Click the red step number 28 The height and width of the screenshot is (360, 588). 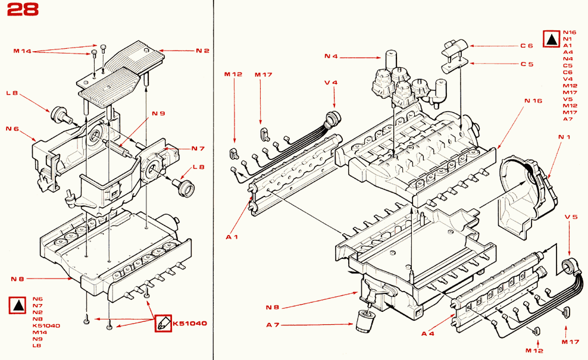point(23,10)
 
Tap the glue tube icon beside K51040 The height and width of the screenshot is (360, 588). point(163,323)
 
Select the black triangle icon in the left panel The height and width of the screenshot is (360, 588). point(18,306)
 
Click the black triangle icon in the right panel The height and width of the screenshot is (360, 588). point(551,39)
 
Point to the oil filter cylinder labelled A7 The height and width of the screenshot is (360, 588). point(364,320)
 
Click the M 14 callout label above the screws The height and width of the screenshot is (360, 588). point(22,51)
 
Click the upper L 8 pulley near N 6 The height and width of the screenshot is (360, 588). point(60,114)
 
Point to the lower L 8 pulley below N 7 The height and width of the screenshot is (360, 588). point(184,187)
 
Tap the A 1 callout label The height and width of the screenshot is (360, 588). point(232,237)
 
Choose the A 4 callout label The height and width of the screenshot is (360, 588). point(427,333)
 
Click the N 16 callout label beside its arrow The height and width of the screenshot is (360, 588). point(533,101)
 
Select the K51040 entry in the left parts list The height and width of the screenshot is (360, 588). point(46,325)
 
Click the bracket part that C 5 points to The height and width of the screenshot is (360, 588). point(454,67)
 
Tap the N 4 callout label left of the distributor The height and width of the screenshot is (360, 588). point(331,57)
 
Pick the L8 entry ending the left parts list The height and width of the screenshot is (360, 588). point(36,346)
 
